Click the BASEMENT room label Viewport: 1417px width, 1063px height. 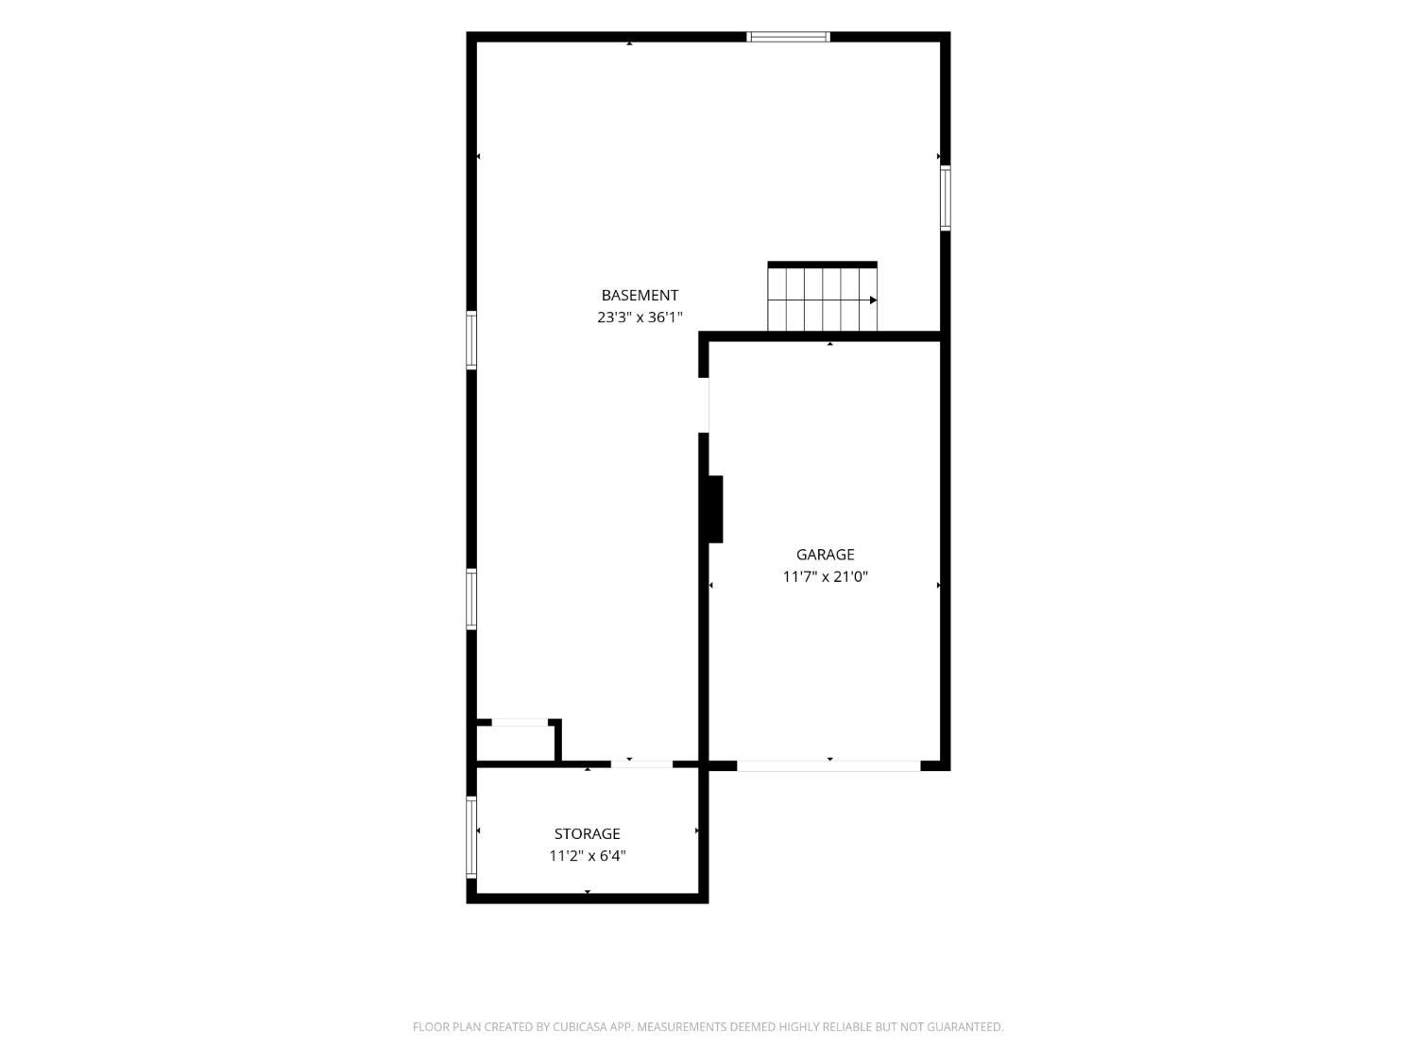[640, 295]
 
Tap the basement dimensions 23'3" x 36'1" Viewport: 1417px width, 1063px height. [640, 317]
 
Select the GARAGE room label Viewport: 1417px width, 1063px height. [825, 555]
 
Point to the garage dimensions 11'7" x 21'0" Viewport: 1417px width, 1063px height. [825, 576]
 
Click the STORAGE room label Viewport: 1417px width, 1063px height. [587, 833]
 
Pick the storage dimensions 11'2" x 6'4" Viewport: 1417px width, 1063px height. [587, 856]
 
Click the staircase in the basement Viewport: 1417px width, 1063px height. [822, 297]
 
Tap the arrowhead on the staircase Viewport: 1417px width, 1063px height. [873, 300]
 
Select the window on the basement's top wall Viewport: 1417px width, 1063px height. [788, 37]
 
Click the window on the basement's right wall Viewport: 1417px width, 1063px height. [945, 197]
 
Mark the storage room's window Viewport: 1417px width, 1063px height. [471, 837]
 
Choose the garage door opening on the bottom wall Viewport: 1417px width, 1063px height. [828, 766]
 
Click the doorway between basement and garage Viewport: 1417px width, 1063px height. [704, 404]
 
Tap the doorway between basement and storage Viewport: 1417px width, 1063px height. [641, 764]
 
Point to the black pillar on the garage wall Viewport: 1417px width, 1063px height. [715, 509]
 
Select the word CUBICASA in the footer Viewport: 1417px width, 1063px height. [579, 1027]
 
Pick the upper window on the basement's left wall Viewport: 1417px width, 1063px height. [471, 340]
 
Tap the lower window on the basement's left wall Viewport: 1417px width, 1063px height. [471, 599]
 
